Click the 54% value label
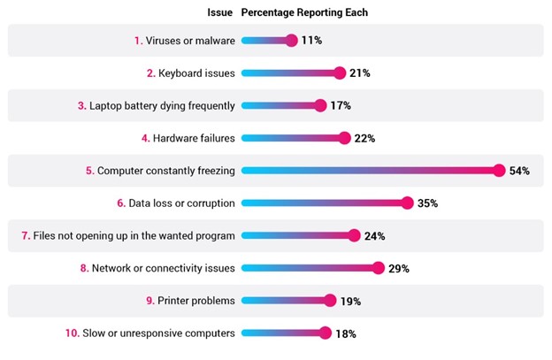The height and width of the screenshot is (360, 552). pyautogui.click(x=519, y=171)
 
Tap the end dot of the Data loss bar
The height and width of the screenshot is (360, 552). pyautogui.click(x=407, y=203)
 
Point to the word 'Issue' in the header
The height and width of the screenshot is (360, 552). pyautogui.click(x=220, y=13)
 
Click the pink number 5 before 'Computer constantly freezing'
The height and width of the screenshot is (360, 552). pyautogui.click(x=89, y=171)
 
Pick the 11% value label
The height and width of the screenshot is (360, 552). pyautogui.click(x=312, y=41)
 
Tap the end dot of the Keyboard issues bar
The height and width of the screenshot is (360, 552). pyautogui.click(x=339, y=73)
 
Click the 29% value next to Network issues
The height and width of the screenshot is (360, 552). pyautogui.click(x=399, y=268)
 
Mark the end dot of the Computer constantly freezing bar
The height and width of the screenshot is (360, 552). pyautogui.click(x=499, y=171)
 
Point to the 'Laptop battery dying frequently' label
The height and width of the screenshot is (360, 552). pyautogui.click(x=162, y=106)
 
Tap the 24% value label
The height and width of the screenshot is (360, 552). pyautogui.click(x=375, y=236)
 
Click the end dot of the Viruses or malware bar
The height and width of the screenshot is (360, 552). pyautogui.click(x=292, y=41)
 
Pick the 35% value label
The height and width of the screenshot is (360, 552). pyautogui.click(x=427, y=203)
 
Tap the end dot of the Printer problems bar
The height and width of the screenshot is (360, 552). pyautogui.click(x=330, y=301)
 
